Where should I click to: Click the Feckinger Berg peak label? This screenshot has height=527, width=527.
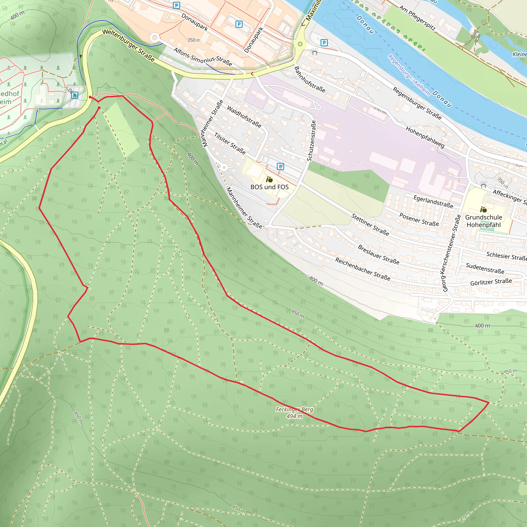click(294, 409)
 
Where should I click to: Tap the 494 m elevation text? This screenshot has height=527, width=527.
click(294, 416)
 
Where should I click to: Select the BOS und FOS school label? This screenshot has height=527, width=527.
click(269, 187)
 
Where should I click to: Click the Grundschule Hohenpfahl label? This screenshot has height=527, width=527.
click(484, 221)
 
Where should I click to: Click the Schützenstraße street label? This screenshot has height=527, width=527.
click(311, 141)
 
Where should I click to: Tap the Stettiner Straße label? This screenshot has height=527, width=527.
click(370, 225)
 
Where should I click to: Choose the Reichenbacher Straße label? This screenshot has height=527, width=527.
click(363, 269)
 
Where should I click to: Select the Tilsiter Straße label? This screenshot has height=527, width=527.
click(230, 144)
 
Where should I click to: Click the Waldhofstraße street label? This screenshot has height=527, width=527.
click(244, 117)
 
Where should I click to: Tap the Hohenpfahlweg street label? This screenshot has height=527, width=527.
click(425, 137)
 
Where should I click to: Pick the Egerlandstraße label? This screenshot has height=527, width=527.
click(433, 201)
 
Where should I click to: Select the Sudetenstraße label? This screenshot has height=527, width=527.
click(485, 268)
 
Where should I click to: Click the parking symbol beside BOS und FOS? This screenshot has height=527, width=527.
click(280, 166)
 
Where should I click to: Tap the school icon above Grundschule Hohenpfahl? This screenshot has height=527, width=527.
click(483, 210)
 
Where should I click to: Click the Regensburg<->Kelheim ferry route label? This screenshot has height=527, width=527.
click(409, 75)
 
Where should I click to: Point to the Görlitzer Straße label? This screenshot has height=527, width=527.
click(491, 282)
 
